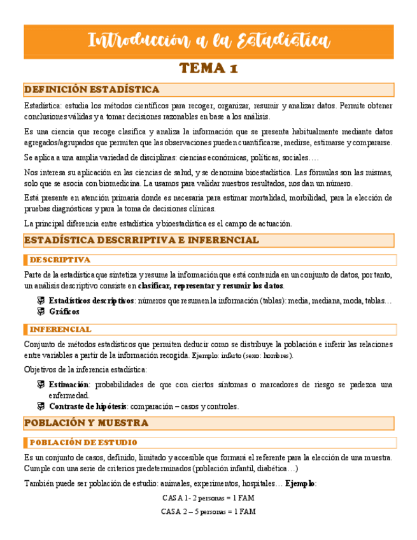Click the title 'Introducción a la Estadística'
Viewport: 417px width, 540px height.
[x=208, y=41]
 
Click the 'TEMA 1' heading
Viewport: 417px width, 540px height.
[x=208, y=69]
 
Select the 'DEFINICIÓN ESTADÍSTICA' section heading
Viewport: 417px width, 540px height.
[x=91, y=89]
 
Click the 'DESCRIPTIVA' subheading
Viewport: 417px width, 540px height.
[x=60, y=260]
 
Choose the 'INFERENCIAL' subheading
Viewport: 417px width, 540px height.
[x=60, y=329]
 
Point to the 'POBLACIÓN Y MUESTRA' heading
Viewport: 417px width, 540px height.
[x=86, y=422]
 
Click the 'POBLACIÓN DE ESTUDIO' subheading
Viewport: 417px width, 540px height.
[x=83, y=443]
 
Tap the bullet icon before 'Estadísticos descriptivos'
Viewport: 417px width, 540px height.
[x=39, y=301]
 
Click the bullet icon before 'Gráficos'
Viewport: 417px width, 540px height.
[x=39, y=311]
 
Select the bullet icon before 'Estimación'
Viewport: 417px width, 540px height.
[x=39, y=385]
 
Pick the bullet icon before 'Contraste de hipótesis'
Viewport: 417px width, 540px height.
[x=39, y=406]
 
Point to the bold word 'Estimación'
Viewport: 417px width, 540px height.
[x=69, y=385]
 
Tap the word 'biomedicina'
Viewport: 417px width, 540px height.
[x=127, y=183]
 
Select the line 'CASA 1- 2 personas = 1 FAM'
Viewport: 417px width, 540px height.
[x=208, y=498]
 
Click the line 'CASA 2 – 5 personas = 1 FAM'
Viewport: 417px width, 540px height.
[x=208, y=511]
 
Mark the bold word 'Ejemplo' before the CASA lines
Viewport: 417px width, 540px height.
[x=300, y=484]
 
